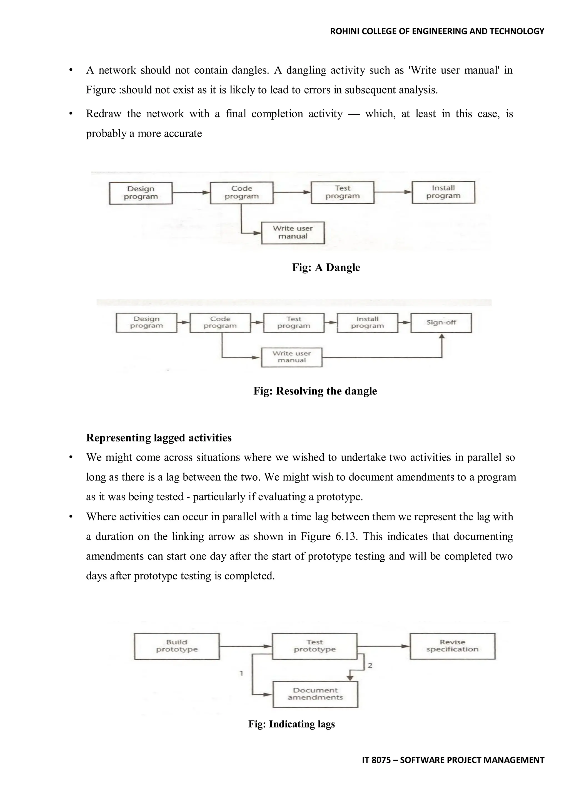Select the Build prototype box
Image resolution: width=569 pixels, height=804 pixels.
pos(177,646)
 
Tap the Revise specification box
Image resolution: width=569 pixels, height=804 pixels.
pos(452,646)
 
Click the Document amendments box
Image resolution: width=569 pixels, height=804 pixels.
pos(315,694)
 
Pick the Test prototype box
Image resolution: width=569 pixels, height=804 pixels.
pos(314,646)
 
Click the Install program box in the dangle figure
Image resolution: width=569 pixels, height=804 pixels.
pos(443,192)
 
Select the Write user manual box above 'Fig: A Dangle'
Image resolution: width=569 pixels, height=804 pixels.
pos(293,233)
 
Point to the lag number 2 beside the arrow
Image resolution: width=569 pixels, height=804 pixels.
pos(370,665)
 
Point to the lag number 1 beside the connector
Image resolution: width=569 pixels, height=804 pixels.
pos(241,673)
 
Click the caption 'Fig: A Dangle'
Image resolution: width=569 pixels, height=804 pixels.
pos(326,268)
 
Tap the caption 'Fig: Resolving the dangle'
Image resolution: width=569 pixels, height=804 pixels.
pos(315,391)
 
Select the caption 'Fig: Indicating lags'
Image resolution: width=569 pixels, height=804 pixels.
pos(291,724)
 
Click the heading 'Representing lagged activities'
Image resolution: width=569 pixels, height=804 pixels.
pos(159,438)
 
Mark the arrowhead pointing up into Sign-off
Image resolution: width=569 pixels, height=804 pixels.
pos(442,336)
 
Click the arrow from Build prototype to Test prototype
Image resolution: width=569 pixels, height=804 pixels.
pos(246,646)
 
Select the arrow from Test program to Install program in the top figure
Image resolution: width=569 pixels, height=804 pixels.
pos(392,192)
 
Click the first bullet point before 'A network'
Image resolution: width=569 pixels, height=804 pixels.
pos(71,71)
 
